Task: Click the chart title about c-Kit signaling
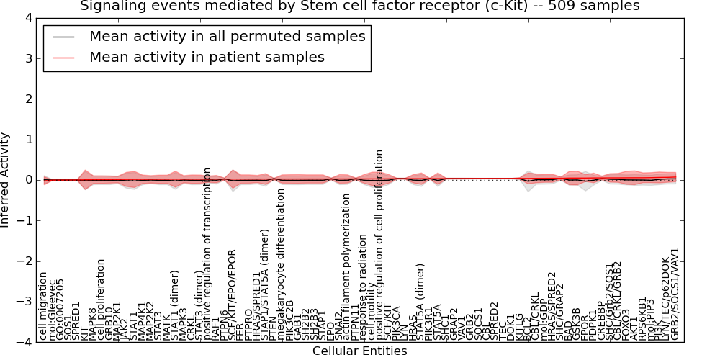pyautogui.click(x=359, y=6)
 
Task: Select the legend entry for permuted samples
pyautogui.click(x=227, y=36)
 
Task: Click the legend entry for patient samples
pyautogui.click(x=207, y=57)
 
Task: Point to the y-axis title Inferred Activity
pyautogui.click(x=6, y=180)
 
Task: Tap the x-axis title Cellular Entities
pyautogui.click(x=359, y=351)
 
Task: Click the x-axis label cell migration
pyautogui.click(x=44, y=305)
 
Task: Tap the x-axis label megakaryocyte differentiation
pyautogui.click(x=282, y=264)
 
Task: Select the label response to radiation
pyautogui.click(x=363, y=284)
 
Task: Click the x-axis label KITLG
pyautogui.click(x=519, y=327)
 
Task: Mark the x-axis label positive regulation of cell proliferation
pyautogui.click(x=379, y=245)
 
